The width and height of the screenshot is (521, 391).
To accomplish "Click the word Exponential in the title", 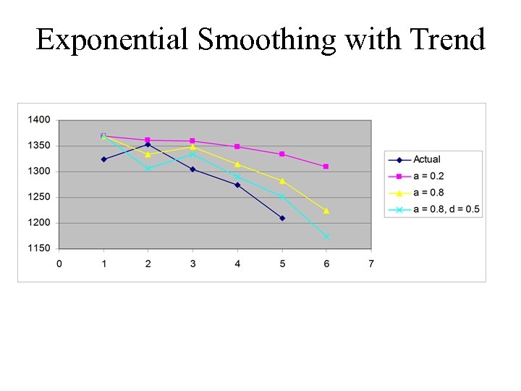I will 113,39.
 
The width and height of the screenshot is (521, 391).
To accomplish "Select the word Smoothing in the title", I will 267,41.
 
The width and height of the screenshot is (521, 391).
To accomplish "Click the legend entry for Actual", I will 426,159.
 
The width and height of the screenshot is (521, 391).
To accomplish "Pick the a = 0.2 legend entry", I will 428,176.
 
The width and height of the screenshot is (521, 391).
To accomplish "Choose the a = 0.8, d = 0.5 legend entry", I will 446,209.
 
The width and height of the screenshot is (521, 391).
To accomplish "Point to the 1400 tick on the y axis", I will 39,119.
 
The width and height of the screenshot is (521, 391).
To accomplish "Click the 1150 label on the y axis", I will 39,248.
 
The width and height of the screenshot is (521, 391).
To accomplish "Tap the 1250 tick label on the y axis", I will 39,197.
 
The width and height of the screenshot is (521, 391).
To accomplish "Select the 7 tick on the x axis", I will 371,264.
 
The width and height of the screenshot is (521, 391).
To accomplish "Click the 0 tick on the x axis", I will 59,264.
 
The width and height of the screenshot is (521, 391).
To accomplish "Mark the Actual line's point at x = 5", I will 282,218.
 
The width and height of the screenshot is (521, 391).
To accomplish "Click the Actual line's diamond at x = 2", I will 148,144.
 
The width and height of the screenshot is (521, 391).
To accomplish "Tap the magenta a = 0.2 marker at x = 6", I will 326,167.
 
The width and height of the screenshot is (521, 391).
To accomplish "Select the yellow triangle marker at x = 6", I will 326,211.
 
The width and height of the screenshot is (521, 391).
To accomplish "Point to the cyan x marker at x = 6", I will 326,236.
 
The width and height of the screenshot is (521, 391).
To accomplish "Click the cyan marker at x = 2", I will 148,169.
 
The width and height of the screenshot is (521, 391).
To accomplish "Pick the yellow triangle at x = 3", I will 192,147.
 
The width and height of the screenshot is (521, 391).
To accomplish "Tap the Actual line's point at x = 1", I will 103,159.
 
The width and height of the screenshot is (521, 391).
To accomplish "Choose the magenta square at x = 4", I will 237,147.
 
